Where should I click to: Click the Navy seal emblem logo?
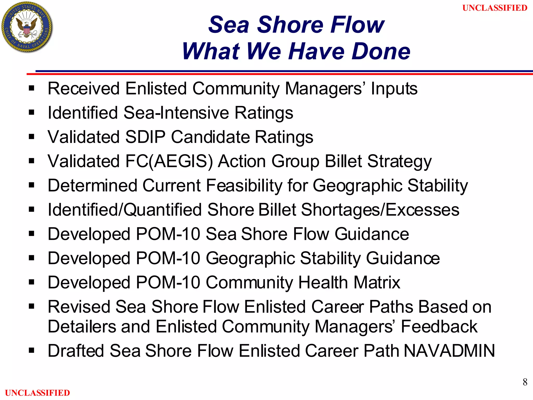coord(27,27)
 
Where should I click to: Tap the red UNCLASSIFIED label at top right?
coord(495,8)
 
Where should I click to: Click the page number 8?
coord(525,382)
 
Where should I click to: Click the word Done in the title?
coord(381,51)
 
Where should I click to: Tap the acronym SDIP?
coord(145,137)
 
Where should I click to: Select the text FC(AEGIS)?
coord(169,161)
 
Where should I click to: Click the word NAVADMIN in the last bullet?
coord(449,351)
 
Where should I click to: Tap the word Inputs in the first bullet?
coord(394,89)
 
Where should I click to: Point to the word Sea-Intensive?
coord(176,113)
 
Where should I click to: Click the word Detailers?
coord(82,327)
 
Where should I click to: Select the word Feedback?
coord(439,327)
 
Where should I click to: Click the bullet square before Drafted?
coord(31,351)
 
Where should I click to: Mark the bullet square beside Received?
coord(31,88)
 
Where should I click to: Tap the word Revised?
coord(78,307)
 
